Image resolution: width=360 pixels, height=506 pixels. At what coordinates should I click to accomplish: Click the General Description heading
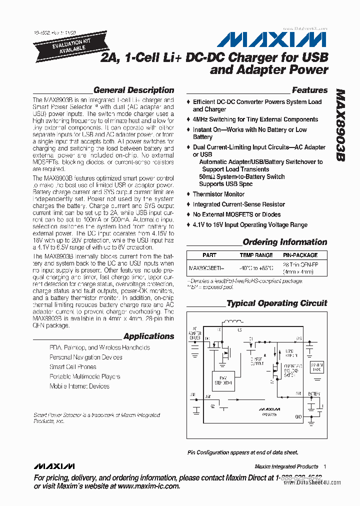[133, 90]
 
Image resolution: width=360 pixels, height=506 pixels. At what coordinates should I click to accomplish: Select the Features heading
[309, 90]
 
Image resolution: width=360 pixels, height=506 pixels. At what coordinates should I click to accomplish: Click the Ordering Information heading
[284, 242]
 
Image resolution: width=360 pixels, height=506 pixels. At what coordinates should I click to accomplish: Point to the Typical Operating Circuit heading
[276, 303]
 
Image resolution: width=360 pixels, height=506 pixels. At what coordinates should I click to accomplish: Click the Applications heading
[148, 336]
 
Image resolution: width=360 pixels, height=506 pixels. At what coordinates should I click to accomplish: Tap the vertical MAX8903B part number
[340, 125]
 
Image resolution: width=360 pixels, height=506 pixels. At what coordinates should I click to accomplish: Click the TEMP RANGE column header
[256, 255]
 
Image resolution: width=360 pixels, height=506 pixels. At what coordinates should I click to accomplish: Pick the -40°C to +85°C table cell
[256, 268]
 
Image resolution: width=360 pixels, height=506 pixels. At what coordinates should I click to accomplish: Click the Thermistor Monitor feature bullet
[218, 194]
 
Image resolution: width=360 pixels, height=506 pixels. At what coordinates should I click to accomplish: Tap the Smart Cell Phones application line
[73, 366]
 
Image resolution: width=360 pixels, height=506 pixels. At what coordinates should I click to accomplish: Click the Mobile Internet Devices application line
[79, 386]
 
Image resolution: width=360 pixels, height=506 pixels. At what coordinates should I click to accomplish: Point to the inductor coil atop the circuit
[230, 321]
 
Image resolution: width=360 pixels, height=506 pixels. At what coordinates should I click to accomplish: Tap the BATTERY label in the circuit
[313, 394]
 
